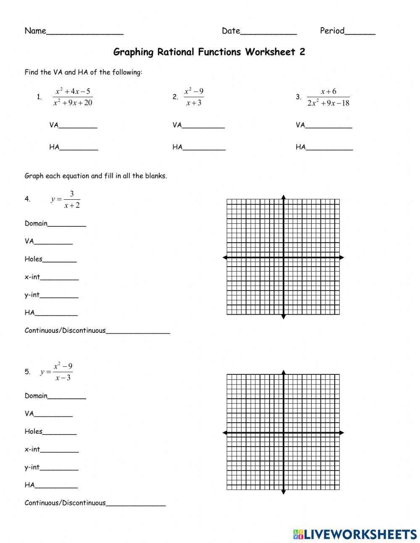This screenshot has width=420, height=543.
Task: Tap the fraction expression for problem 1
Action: click(73, 97)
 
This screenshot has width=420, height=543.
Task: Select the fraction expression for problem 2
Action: click(194, 97)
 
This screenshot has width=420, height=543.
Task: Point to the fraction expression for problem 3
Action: click(328, 97)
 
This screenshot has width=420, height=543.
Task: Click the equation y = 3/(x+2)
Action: click(66, 199)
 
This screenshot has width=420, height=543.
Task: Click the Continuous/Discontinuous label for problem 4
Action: click(65, 331)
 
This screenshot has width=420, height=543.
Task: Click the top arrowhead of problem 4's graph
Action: click(283, 197)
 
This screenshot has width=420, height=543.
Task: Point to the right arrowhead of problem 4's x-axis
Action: click(341, 257)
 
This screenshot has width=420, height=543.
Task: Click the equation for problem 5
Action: click(57, 372)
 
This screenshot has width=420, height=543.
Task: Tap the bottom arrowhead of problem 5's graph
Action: click(283, 492)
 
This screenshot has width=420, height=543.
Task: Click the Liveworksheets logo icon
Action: click(298, 534)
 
